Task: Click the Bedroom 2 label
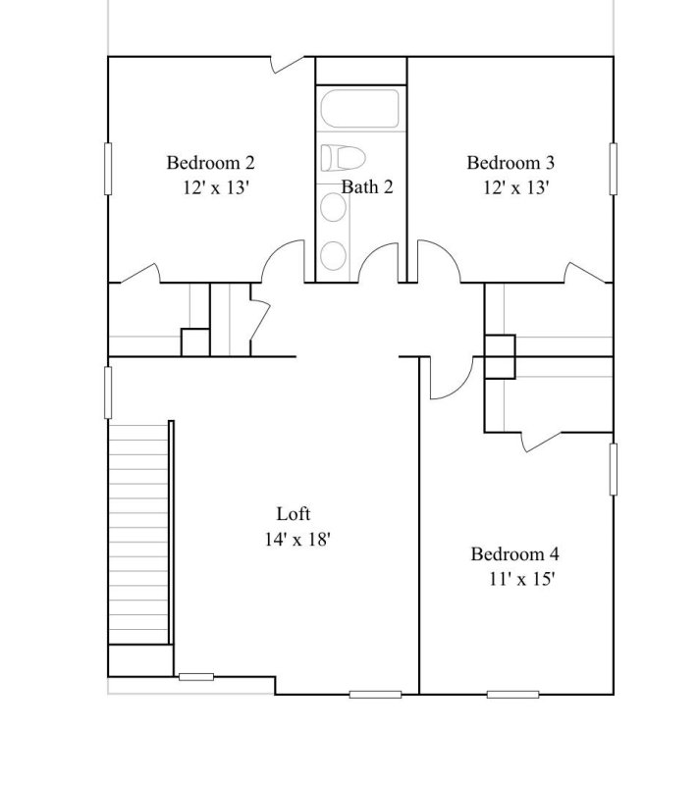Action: point(211,162)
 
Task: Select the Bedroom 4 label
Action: point(515,553)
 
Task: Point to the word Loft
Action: point(294,513)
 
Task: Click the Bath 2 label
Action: point(367,186)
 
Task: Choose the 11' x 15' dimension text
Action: point(522,578)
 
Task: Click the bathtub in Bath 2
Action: point(360,111)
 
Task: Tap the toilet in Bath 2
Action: point(344,157)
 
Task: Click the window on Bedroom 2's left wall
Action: point(109,170)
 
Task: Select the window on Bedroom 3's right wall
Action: point(616,170)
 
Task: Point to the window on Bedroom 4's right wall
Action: point(616,471)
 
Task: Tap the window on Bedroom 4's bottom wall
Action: point(512,695)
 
